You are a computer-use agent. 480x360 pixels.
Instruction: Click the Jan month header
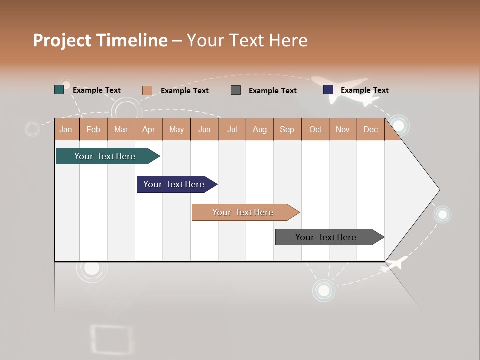tap(66, 129)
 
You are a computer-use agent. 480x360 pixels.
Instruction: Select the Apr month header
tap(149, 129)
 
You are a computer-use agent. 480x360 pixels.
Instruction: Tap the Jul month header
tap(232, 129)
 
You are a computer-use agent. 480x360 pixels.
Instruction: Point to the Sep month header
tap(287, 129)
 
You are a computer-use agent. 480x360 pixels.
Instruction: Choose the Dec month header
tap(370, 129)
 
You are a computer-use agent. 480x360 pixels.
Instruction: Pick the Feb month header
tap(93, 129)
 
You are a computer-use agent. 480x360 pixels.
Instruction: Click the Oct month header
tap(315, 129)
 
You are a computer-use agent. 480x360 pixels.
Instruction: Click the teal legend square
tap(59, 90)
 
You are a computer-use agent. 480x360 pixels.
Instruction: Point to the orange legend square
tap(147, 90)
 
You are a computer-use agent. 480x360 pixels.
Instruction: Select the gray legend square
tap(236, 90)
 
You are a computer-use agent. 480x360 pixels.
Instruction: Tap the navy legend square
tap(328, 90)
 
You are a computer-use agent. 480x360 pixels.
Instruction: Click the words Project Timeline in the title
tap(100, 40)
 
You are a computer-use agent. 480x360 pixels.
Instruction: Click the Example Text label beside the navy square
tap(364, 90)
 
